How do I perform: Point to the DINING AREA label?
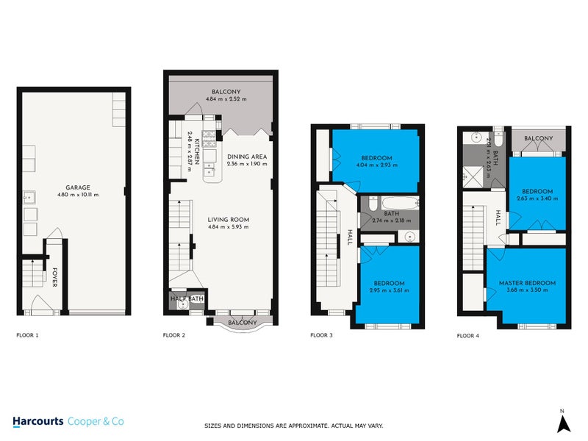[246, 157]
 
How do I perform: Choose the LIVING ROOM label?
[228, 219]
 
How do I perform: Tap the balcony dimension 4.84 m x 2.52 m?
[226, 99]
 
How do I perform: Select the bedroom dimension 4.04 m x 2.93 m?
[376, 165]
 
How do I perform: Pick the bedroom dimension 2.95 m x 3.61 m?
[389, 290]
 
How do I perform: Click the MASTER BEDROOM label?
[527, 283]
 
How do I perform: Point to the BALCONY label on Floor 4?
[539, 138]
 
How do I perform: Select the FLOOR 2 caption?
[173, 335]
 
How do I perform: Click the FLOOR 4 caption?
[468, 335]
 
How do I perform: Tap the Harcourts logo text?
[38, 421]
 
